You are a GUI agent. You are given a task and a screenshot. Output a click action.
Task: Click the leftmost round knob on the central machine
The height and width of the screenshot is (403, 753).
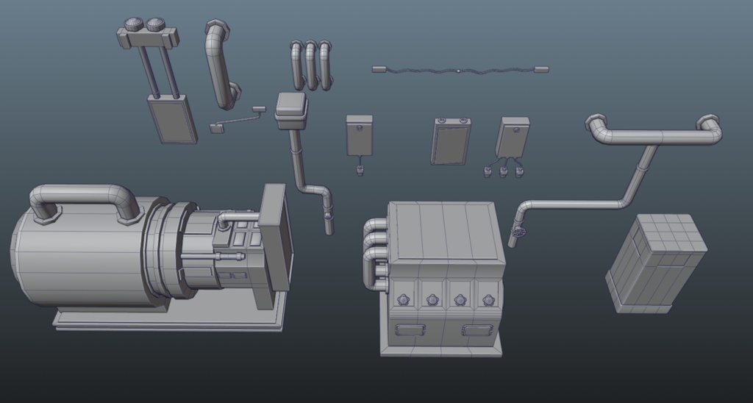coord(403,300)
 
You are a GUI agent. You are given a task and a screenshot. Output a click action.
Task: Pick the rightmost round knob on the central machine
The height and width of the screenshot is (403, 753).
coord(488,300)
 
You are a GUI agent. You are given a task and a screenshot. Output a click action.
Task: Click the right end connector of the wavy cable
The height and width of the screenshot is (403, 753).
coord(541,70)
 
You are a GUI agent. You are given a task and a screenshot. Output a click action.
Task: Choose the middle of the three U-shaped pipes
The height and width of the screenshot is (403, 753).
coord(311,65)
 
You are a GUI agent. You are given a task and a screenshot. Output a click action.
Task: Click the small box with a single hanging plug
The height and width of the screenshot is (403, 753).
coord(360,135)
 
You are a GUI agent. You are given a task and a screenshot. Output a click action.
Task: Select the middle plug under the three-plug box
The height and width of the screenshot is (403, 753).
coord(504,172)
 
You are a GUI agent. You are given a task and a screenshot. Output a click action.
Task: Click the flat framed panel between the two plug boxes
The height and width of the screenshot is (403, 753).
coord(449,140)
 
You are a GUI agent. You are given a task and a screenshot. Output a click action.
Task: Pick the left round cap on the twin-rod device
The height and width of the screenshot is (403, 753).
coord(135,24)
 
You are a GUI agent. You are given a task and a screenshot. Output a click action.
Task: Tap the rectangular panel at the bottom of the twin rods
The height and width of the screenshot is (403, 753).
coord(172,119)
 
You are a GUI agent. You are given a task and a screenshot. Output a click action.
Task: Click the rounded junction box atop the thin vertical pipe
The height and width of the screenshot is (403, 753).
coord(291,110)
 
